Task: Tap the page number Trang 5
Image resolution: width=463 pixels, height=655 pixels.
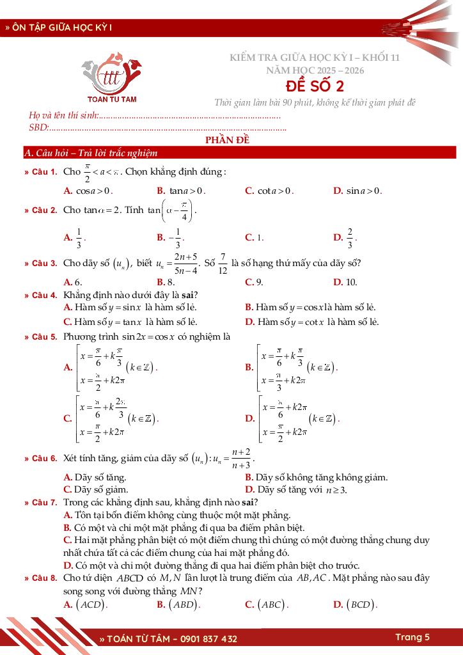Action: pos(412,637)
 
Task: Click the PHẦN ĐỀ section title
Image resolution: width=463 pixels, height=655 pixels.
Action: pos(227,141)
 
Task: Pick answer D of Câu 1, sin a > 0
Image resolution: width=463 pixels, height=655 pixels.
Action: pos(357,191)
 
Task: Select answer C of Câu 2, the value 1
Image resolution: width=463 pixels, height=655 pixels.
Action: pos(255,237)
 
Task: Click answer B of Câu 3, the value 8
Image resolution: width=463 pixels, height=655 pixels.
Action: pos(166,282)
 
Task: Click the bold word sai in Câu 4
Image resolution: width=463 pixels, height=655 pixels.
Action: pos(187,295)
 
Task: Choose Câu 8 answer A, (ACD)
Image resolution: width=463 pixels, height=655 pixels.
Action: pos(86,604)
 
